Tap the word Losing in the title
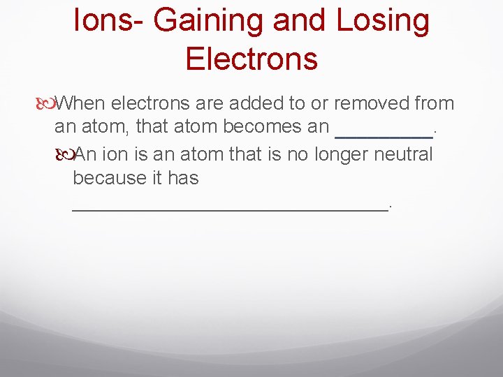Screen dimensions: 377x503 pyautogui.click(x=384, y=22)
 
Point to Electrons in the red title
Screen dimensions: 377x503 pyautogui.click(x=251, y=59)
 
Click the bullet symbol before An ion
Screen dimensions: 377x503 pyautogui.click(x=66, y=154)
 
